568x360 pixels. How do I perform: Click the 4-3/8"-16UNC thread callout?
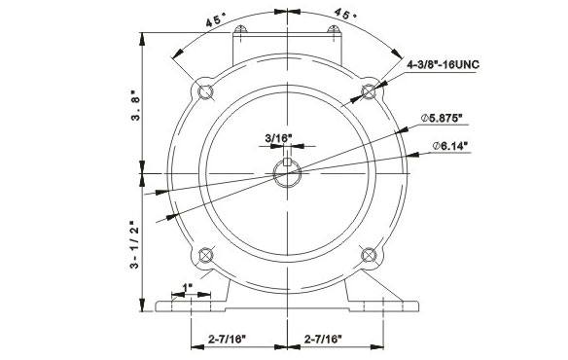click(443, 65)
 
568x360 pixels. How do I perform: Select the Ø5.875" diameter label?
click(442, 118)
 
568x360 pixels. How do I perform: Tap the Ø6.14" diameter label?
click(449, 146)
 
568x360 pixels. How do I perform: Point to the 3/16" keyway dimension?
click(278, 138)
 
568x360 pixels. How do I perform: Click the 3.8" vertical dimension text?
click(135, 106)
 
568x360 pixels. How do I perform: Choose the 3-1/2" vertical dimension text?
click(135, 244)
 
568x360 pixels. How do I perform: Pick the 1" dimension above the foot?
click(188, 287)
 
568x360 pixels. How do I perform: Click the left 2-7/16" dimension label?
click(227, 340)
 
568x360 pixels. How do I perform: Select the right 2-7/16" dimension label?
click(323, 340)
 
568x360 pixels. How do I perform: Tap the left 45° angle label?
click(216, 19)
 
